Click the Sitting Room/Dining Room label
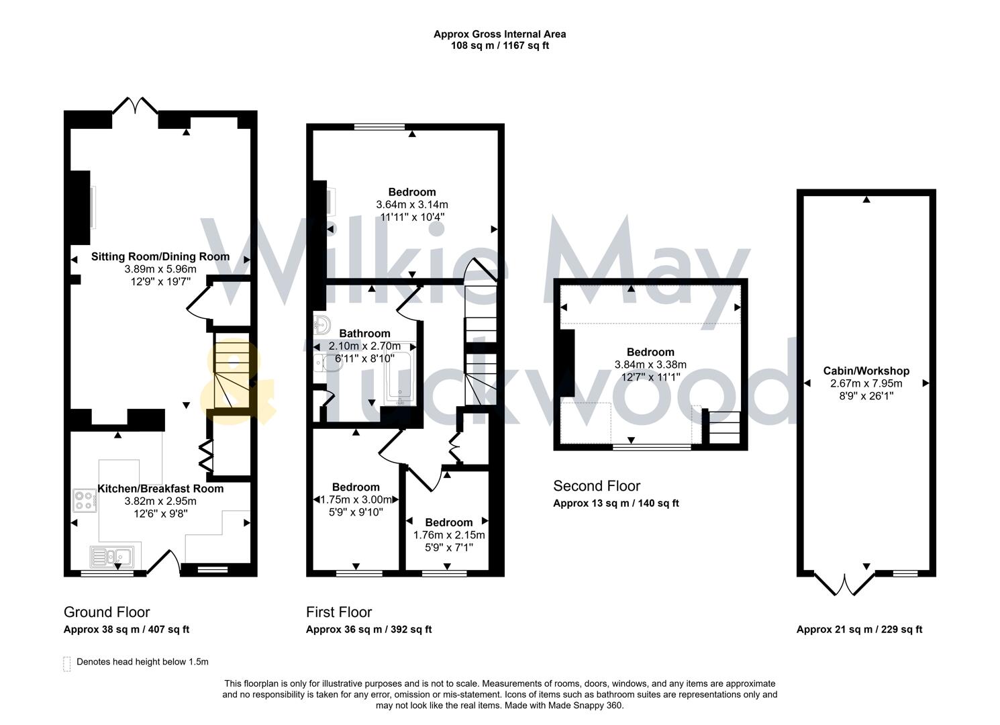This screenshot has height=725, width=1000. pyautogui.click(x=160, y=256)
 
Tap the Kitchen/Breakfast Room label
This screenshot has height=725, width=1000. pyautogui.click(x=160, y=489)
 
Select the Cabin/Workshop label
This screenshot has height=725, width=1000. pyautogui.click(x=866, y=371)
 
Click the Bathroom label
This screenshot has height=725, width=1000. pyautogui.click(x=364, y=334)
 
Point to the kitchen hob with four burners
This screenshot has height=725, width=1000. pyautogui.click(x=85, y=501)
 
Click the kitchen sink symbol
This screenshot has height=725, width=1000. pyautogui.click(x=112, y=557)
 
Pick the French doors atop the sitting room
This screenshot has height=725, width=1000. pyautogui.click(x=135, y=105)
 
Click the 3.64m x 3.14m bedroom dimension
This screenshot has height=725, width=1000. pyautogui.click(x=411, y=205)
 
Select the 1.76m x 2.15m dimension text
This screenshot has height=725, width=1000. pyautogui.click(x=448, y=535)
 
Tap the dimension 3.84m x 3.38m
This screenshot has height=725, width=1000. pyautogui.click(x=650, y=365)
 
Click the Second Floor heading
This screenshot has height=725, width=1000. pyautogui.click(x=597, y=486)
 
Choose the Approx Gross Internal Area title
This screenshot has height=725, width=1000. pyautogui.click(x=499, y=34)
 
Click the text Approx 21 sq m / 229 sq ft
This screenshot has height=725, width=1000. pyautogui.click(x=859, y=630)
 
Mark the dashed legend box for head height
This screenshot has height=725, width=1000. pyautogui.click(x=66, y=663)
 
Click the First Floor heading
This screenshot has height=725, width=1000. pyautogui.click(x=339, y=612)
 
